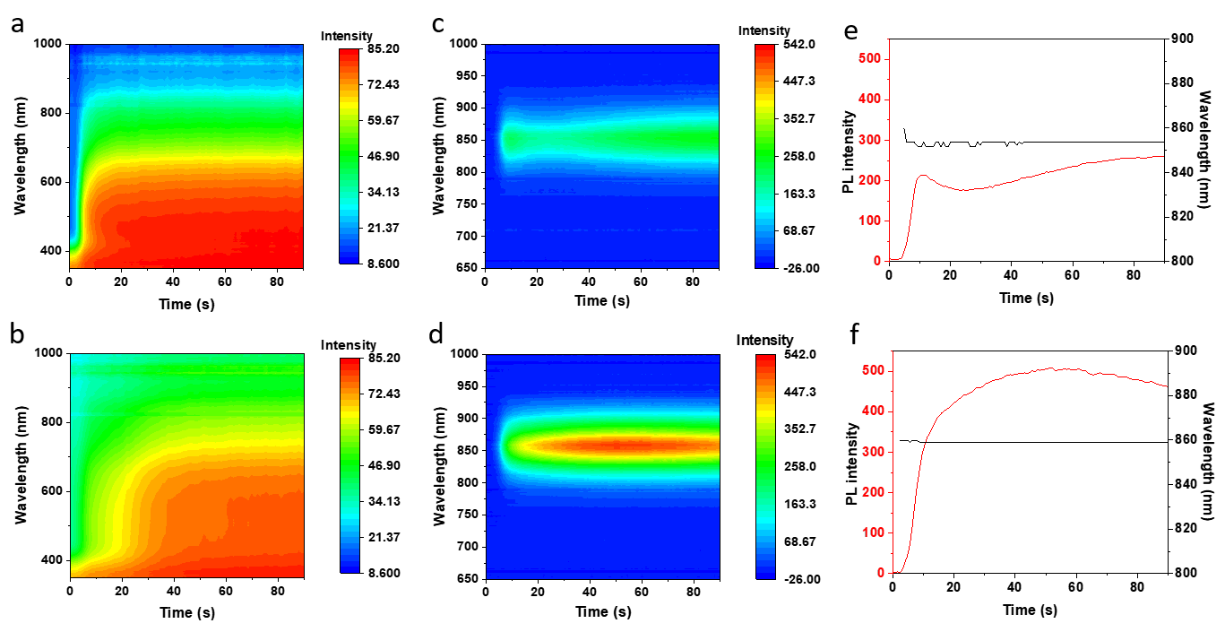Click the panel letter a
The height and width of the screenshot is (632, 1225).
18,25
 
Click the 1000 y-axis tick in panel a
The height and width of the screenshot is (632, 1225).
47,43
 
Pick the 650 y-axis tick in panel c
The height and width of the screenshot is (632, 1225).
465,268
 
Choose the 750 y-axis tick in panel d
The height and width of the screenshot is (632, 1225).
465,515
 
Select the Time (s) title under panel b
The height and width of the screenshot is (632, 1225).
185,612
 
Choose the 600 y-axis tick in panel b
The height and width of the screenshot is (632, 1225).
50,491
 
